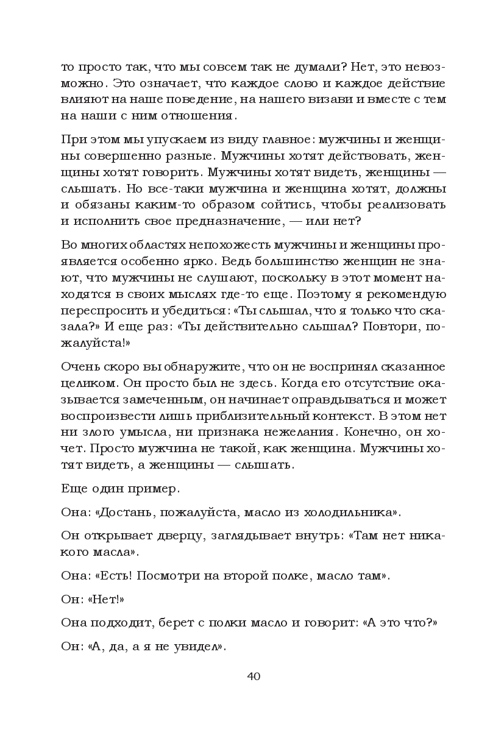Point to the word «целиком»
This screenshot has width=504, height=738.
coord(88,383)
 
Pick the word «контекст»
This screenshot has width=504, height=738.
coord(345,416)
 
